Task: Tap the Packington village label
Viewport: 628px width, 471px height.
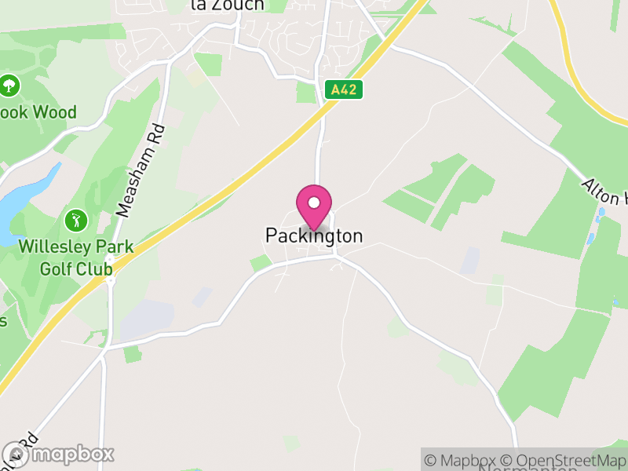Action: [x=314, y=235]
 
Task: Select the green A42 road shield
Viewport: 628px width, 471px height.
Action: [x=344, y=89]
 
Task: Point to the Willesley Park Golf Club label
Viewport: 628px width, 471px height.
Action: [x=75, y=257]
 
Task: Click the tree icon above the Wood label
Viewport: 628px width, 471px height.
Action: [x=9, y=84]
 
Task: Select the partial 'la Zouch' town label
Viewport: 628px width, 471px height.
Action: [x=228, y=5]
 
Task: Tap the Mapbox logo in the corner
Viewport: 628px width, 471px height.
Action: [x=59, y=454]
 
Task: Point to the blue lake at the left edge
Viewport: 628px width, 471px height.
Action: [x=24, y=204]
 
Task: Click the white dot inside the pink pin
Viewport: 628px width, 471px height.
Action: [x=314, y=203]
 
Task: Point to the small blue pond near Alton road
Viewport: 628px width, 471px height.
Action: [x=601, y=214]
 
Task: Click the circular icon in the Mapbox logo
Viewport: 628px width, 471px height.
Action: [x=15, y=454]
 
